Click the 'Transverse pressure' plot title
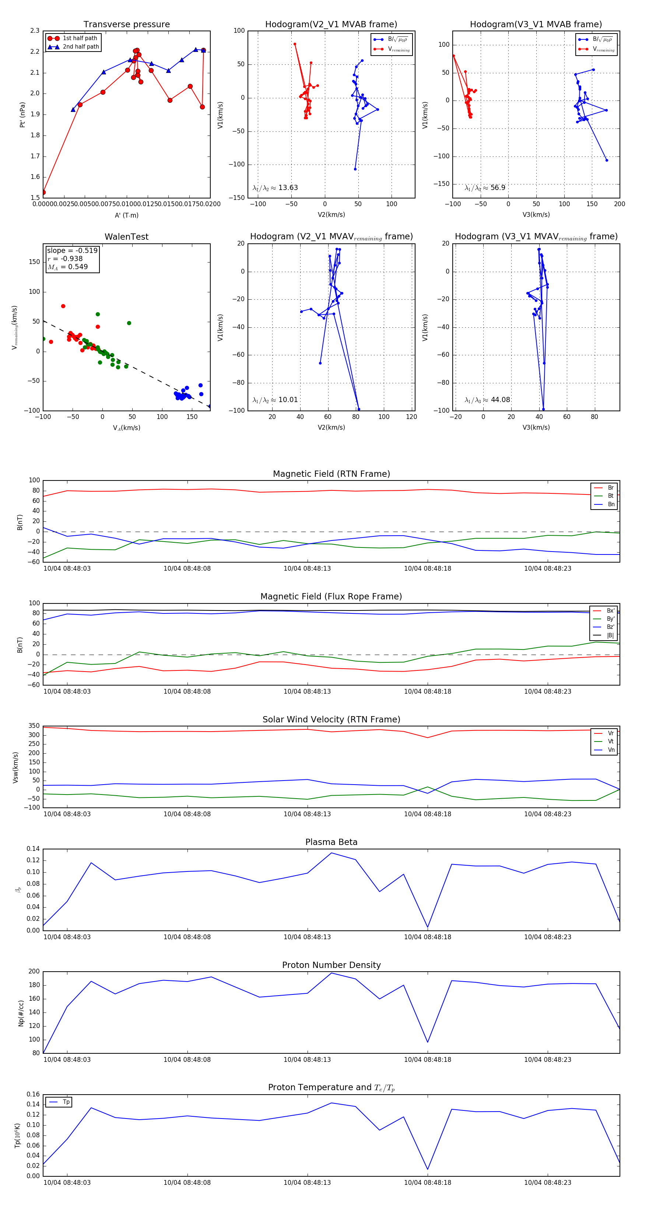point(126,25)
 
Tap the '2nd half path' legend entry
point(81,47)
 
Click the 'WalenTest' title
point(126,237)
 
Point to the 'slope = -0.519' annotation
point(72,250)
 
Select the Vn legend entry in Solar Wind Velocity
point(611,750)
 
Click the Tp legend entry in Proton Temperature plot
point(66,1102)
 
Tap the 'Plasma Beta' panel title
point(331,842)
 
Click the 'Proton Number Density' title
point(331,965)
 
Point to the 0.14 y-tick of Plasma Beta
point(33,849)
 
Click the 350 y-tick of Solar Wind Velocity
point(34,726)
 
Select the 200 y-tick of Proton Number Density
point(34,972)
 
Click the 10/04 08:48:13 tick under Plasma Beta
point(307,937)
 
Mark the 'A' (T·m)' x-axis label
point(126,215)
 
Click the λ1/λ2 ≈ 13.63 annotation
point(275,188)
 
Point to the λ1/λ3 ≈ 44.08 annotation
point(487,400)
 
